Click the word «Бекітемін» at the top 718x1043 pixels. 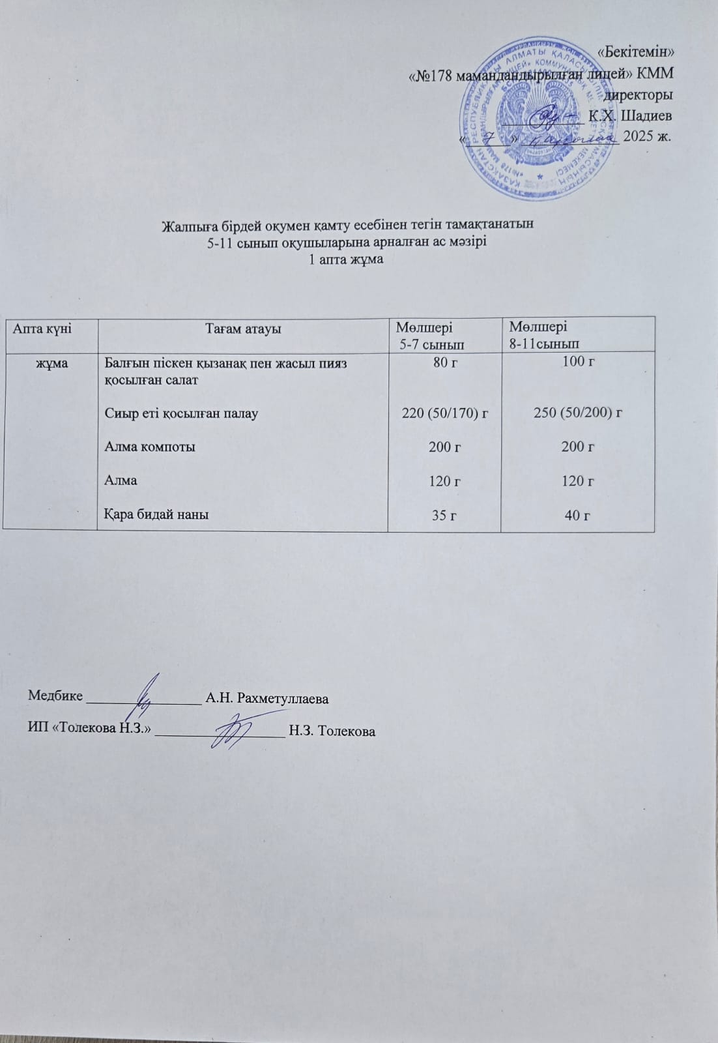tap(635, 51)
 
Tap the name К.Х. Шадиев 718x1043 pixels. tap(630, 116)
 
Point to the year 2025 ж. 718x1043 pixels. tap(648, 136)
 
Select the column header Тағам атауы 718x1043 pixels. tap(243, 329)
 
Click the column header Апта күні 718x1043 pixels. tap(43, 329)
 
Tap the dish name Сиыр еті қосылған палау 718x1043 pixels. tap(181, 413)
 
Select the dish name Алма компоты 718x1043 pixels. tap(150, 447)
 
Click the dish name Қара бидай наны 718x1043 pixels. tap(157, 514)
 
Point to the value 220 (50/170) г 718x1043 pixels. tap(446, 413)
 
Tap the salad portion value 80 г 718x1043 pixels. tap(446, 363)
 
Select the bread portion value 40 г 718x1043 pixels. tap(577, 516)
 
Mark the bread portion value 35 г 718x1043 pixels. tap(445, 516)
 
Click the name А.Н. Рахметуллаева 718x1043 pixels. tap(266, 699)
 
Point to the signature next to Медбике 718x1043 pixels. tap(147, 695)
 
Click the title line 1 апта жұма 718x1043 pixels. tap(346, 259)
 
